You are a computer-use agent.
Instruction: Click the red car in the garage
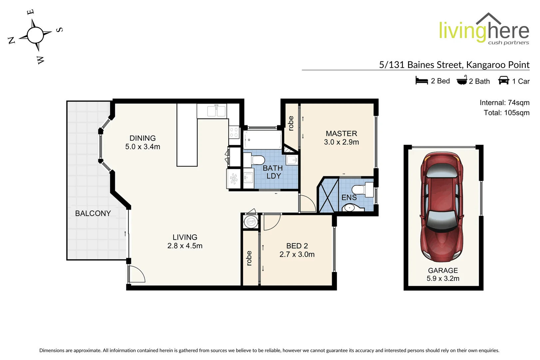coord(442,207)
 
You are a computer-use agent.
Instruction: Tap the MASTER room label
coord(341,134)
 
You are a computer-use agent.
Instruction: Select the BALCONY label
coord(93,213)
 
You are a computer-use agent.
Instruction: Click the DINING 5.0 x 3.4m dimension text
coord(143,147)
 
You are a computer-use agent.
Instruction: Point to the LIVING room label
coord(185,237)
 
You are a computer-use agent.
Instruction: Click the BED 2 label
coord(297,246)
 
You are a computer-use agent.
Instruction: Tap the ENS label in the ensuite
coord(349,198)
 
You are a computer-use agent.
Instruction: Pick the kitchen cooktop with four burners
coord(234,132)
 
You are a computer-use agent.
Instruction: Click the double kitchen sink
coord(217,111)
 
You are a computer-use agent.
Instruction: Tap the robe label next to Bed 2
coord(249,258)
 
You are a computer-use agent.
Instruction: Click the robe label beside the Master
coord(291,123)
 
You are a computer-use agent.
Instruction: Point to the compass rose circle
coord(35,35)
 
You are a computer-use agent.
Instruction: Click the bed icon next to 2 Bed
coord(421,81)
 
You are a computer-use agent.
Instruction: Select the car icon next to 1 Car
coord(503,80)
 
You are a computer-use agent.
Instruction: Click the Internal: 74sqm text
coord(504,103)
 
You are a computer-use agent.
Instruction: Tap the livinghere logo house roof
coord(488,18)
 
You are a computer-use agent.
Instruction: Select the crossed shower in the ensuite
coord(329,195)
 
